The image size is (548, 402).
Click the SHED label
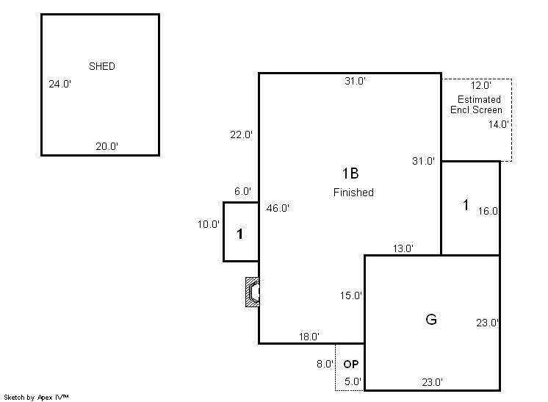pyautogui.click(x=101, y=66)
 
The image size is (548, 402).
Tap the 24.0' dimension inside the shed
pyautogui.click(x=60, y=84)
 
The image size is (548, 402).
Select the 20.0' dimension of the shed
pyautogui.click(x=107, y=146)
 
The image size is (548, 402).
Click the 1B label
pyautogui.click(x=350, y=173)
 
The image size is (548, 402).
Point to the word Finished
pyautogui.click(x=353, y=193)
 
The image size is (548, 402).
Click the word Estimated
pyautogui.click(x=479, y=99)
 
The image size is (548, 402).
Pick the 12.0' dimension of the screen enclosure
pyautogui.click(x=481, y=85)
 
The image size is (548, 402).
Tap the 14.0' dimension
pyautogui.click(x=499, y=124)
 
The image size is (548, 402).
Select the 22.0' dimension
pyautogui.click(x=241, y=134)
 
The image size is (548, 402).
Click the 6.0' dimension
pyautogui.click(x=243, y=191)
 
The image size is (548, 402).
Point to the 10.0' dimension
pyautogui.click(x=209, y=224)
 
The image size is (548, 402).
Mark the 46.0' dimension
pyautogui.click(x=278, y=208)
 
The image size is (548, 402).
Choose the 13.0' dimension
pyautogui.click(x=403, y=248)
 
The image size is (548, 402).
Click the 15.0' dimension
pyautogui.click(x=351, y=295)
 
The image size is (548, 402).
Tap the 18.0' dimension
pyautogui.click(x=309, y=337)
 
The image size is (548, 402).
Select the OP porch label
pyautogui.click(x=351, y=365)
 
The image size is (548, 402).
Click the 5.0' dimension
pyautogui.click(x=353, y=381)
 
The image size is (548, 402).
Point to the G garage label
pyautogui.click(x=431, y=319)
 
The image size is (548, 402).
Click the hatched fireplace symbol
pyautogui.click(x=253, y=292)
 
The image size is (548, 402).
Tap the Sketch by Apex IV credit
pyautogui.click(x=36, y=397)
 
